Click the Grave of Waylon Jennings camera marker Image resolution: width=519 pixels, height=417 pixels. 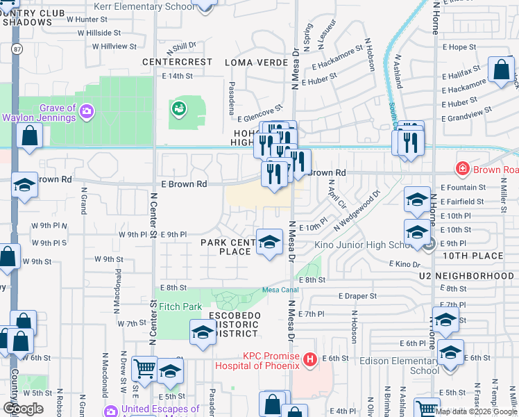click(87, 110)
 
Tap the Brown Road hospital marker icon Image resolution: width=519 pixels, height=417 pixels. click(461, 169)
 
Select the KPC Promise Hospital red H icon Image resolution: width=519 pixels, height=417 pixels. click(310, 359)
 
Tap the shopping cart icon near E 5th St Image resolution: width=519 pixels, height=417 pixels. click(145, 368)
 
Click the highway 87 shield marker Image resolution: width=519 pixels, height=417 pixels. click(15, 49)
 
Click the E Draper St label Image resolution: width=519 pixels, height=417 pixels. click(357, 295)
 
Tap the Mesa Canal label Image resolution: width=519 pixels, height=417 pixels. click(280, 291)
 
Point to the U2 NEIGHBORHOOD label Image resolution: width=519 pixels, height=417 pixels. click(466, 276)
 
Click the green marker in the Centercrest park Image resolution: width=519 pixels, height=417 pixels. click(180, 108)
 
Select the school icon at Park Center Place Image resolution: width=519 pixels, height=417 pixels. click(270, 241)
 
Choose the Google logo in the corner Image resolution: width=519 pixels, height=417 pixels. click(23, 409)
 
